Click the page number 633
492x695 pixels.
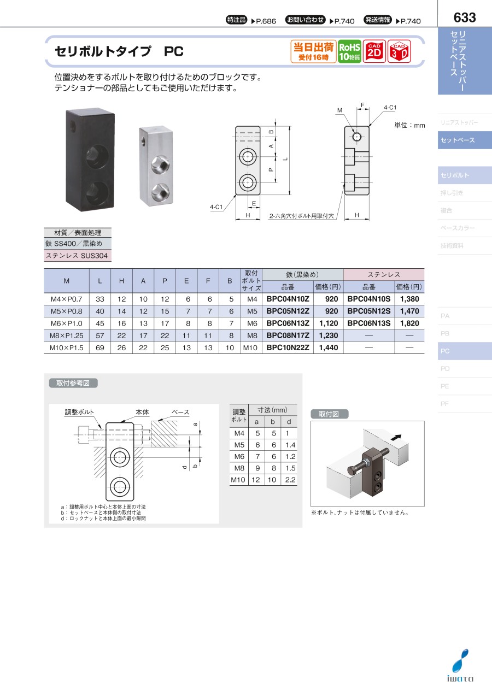[464, 17]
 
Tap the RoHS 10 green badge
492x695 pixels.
[349, 51]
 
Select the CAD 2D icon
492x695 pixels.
[374, 51]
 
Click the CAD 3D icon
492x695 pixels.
[399, 51]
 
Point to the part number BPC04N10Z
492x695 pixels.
[288, 299]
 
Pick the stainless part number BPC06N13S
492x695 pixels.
[369, 323]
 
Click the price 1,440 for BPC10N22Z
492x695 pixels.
[329, 347]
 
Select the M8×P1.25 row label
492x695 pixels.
[67, 335]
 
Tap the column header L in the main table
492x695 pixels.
[100, 281]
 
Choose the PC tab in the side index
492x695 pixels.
[465, 351]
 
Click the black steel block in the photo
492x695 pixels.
[90, 160]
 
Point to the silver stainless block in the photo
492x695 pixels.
[156, 166]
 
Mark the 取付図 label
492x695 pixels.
[329, 414]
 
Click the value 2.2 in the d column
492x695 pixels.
[290, 480]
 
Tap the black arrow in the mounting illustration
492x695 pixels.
[396, 437]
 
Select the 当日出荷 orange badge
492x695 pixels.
[314, 51]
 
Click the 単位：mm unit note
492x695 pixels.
[409, 125]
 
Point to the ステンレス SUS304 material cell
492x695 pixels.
[77, 256]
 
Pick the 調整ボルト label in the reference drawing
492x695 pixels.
[79, 412]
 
